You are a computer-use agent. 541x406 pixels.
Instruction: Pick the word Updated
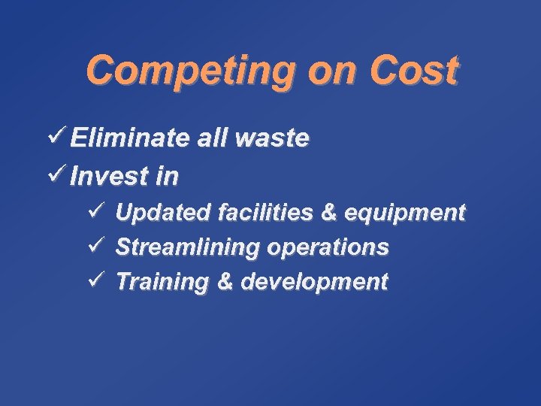[x=162, y=213]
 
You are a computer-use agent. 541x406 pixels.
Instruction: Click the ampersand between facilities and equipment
[x=328, y=213]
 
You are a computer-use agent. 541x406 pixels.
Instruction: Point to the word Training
[x=162, y=283]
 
